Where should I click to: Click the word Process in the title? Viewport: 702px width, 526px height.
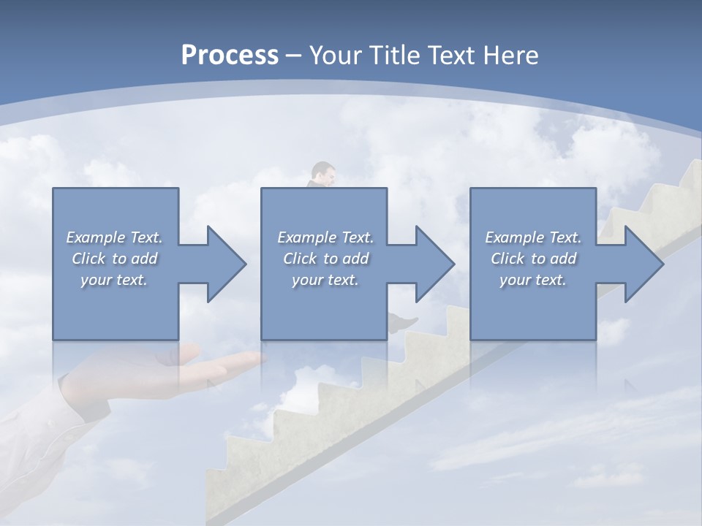[230, 56]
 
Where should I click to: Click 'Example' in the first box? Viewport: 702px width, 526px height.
[96, 237]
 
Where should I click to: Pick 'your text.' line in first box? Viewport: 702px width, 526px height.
[114, 280]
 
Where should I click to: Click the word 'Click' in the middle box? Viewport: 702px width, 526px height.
[298, 259]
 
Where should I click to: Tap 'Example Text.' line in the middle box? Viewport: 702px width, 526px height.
[325, 237]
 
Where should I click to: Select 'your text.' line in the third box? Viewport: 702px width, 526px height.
[533, 280]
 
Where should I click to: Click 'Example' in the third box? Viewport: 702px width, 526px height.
[514, 237]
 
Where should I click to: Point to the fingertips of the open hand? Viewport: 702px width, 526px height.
[256, 358]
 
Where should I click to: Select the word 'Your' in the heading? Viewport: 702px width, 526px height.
[335, 56]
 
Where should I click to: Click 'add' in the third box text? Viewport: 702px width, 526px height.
[564, 259]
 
